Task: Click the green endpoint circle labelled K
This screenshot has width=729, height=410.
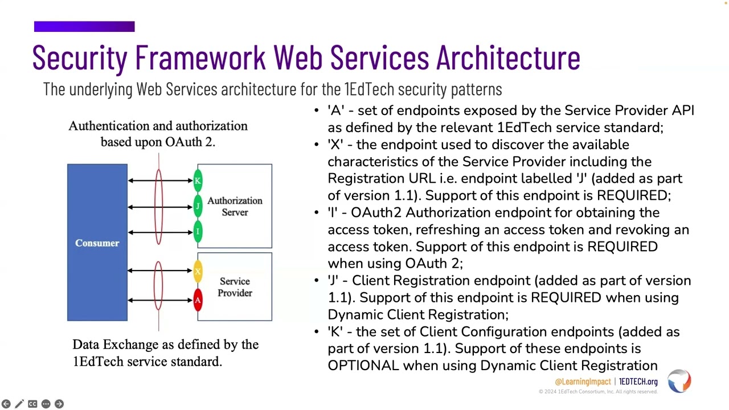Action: tap(198, 181)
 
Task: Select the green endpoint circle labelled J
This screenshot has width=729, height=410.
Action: tap(198, 206)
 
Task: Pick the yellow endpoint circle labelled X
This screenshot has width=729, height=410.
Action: tap(198, 271)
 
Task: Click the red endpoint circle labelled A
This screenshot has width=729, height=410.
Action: tap(198, 300)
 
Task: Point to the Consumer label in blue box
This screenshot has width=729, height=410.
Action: tap(97, 243)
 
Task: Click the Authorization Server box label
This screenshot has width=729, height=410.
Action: tap(235, 206)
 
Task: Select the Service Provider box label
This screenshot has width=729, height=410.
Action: tap(235, 287)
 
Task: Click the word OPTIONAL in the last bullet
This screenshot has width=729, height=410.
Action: tap(363, 366)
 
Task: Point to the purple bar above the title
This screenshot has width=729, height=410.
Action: tap(84, 27)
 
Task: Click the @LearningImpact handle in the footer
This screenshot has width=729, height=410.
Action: tap(582, 382)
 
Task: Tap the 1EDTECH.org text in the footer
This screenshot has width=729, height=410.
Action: tap(638, 382)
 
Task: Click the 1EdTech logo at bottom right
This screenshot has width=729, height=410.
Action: tap(679, 381)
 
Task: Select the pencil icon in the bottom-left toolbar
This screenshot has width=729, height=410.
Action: tap(19, 404)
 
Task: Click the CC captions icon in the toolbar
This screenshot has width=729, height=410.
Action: tap(32, 404)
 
